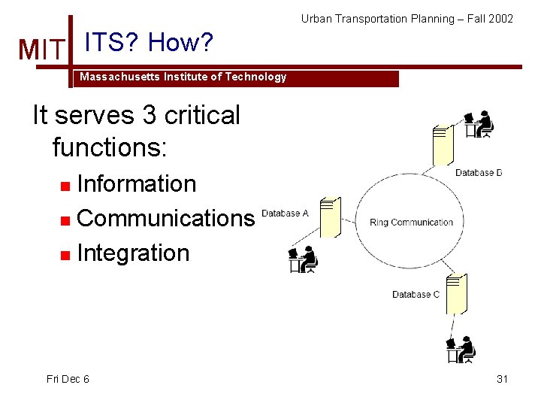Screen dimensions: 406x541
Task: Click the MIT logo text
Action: click(42, 50)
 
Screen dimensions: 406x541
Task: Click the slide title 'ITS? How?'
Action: click(150, 43)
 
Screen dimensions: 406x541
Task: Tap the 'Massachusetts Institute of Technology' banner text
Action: click(183, 77)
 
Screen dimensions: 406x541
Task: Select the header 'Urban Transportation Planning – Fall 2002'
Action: click(407, 18)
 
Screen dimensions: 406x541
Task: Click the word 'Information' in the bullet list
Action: click(136, 183)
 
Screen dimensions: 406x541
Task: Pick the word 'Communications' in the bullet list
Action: click(165, 218)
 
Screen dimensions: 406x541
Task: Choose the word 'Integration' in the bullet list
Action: click(133, 253)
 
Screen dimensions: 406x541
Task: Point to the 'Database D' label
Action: click(478, 173)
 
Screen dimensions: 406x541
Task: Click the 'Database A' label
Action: click(285, 214)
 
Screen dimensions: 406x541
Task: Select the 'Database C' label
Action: click(416, 294)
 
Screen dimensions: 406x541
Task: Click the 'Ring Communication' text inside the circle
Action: click(411, 223)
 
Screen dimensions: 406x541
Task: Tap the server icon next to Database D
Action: click(443, 144)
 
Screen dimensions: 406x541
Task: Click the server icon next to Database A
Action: click(330, 217)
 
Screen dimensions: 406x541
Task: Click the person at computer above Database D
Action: click(479, 124)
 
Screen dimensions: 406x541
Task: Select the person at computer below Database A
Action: click(304, 260)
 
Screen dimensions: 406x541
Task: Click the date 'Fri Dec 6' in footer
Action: click(68, 379)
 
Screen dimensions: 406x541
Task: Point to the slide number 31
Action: click(502, 379)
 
